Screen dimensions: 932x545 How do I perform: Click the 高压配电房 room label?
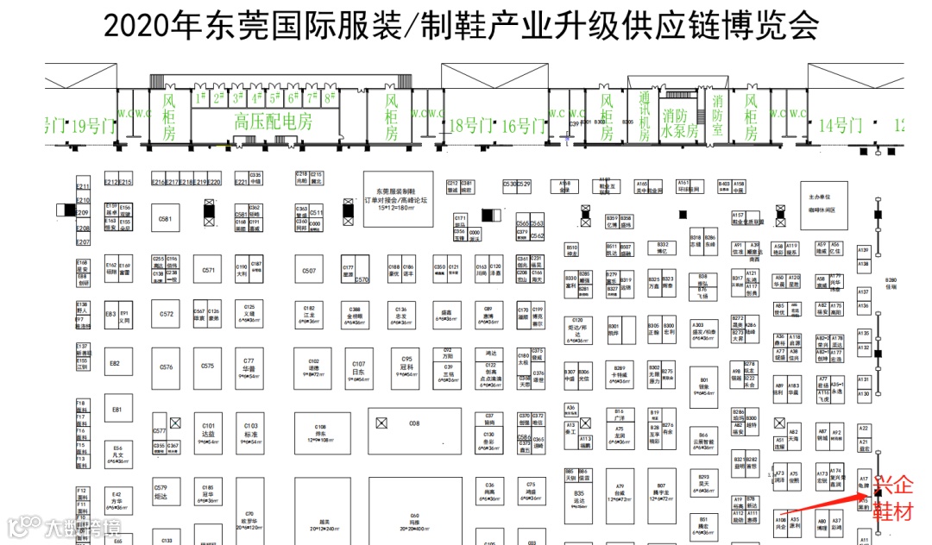273,122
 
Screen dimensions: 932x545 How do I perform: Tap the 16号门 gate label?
523,126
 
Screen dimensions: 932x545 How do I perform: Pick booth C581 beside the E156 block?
166,220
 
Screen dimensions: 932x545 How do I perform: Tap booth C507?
309,271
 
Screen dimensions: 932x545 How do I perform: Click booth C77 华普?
249,366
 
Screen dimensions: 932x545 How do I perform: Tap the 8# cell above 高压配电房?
330,97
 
